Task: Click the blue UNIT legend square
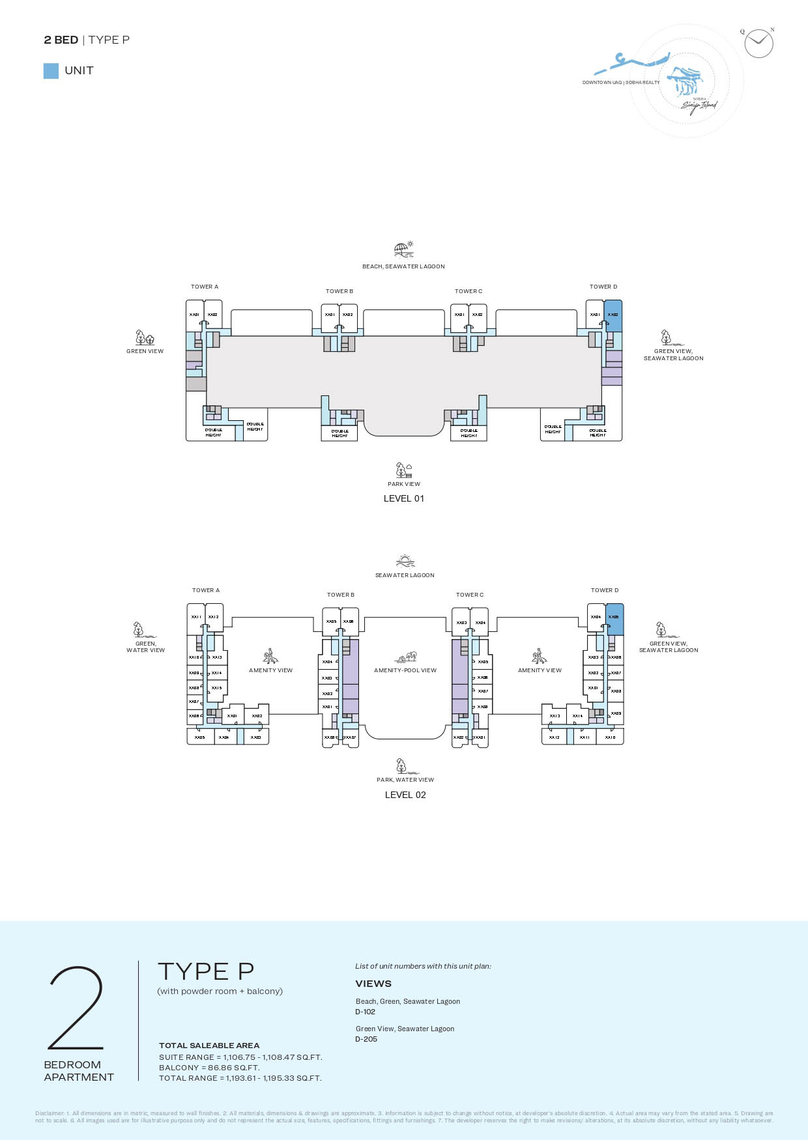pos(51,71)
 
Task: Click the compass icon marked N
pos(758,44)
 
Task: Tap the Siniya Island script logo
pos(699,106)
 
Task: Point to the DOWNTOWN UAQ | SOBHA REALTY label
pos(620,83)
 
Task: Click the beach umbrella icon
pos(403,249)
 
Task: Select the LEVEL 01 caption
pos(403,498)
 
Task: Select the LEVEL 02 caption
pos(405,795)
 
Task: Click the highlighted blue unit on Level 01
pos(613,315)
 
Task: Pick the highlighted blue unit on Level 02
pos(614,619)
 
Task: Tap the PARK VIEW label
pos(404,484)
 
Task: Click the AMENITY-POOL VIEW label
pos(405,670)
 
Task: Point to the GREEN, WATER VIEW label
pos(145,647)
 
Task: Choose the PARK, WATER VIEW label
pos(405,780)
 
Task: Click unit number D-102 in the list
pos(365,1012)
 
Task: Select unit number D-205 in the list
pos(366,1039)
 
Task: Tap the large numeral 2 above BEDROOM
pos(76,1007)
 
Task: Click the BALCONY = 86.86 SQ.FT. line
pos(209,1068)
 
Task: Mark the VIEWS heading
pos(373,984)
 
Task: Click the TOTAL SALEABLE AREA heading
pos(209,1046)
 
